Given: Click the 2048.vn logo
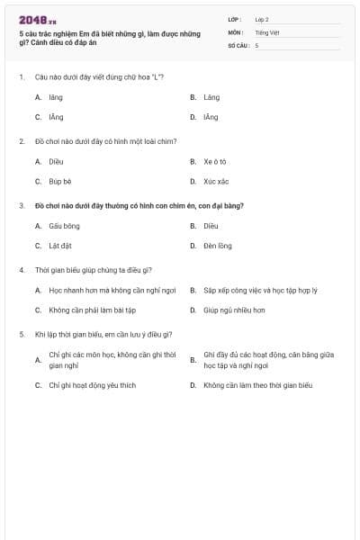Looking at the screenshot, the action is point(38,19).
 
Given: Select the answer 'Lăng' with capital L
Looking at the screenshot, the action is point(211,97).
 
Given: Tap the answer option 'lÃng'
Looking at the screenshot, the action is point(211,117).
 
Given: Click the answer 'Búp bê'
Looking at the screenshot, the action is point(60,181).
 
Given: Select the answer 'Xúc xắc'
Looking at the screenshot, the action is point(216,181).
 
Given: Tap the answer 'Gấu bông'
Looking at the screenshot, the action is point(64,226).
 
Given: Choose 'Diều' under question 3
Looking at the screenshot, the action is point(211,226).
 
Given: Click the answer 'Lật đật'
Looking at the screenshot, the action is point(59,246).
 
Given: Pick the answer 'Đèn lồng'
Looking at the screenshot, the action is point(217,246).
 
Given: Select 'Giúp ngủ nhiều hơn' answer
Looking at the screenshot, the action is point(233,310).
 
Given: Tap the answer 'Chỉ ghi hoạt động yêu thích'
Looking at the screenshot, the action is point(92,385).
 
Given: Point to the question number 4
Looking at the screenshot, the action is point(22,270).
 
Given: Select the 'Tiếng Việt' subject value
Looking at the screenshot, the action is point(267,31).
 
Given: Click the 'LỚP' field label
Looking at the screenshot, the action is point(234,19).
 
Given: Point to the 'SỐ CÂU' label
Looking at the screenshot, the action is point(237,44).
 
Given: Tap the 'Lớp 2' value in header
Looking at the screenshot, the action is point(262,19).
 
